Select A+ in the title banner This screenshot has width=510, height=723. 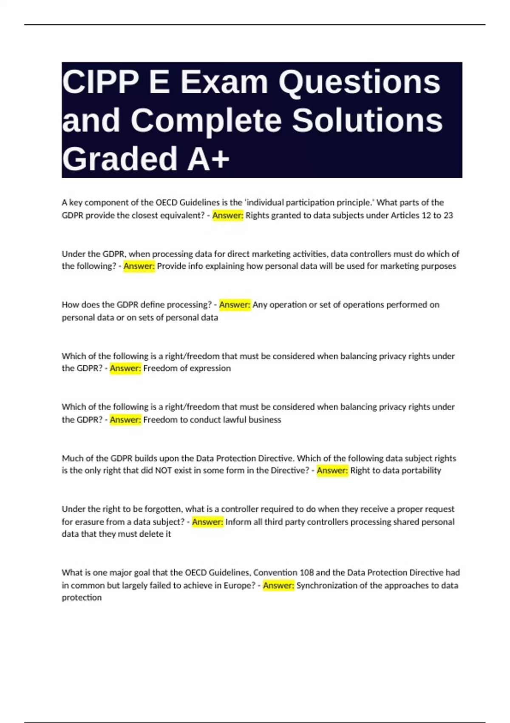click(x=208, y=159)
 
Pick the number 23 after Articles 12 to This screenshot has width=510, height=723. click(x=448, y=215)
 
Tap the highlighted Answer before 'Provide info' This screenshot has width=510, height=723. click(x=139, y=266)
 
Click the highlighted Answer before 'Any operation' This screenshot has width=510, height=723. click(x=235, y=305)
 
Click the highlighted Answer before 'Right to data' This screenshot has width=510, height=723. click(x=332, y=470)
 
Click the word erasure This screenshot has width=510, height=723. click(x=92, y=522)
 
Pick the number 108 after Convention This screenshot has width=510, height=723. click(x=307, y=573)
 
